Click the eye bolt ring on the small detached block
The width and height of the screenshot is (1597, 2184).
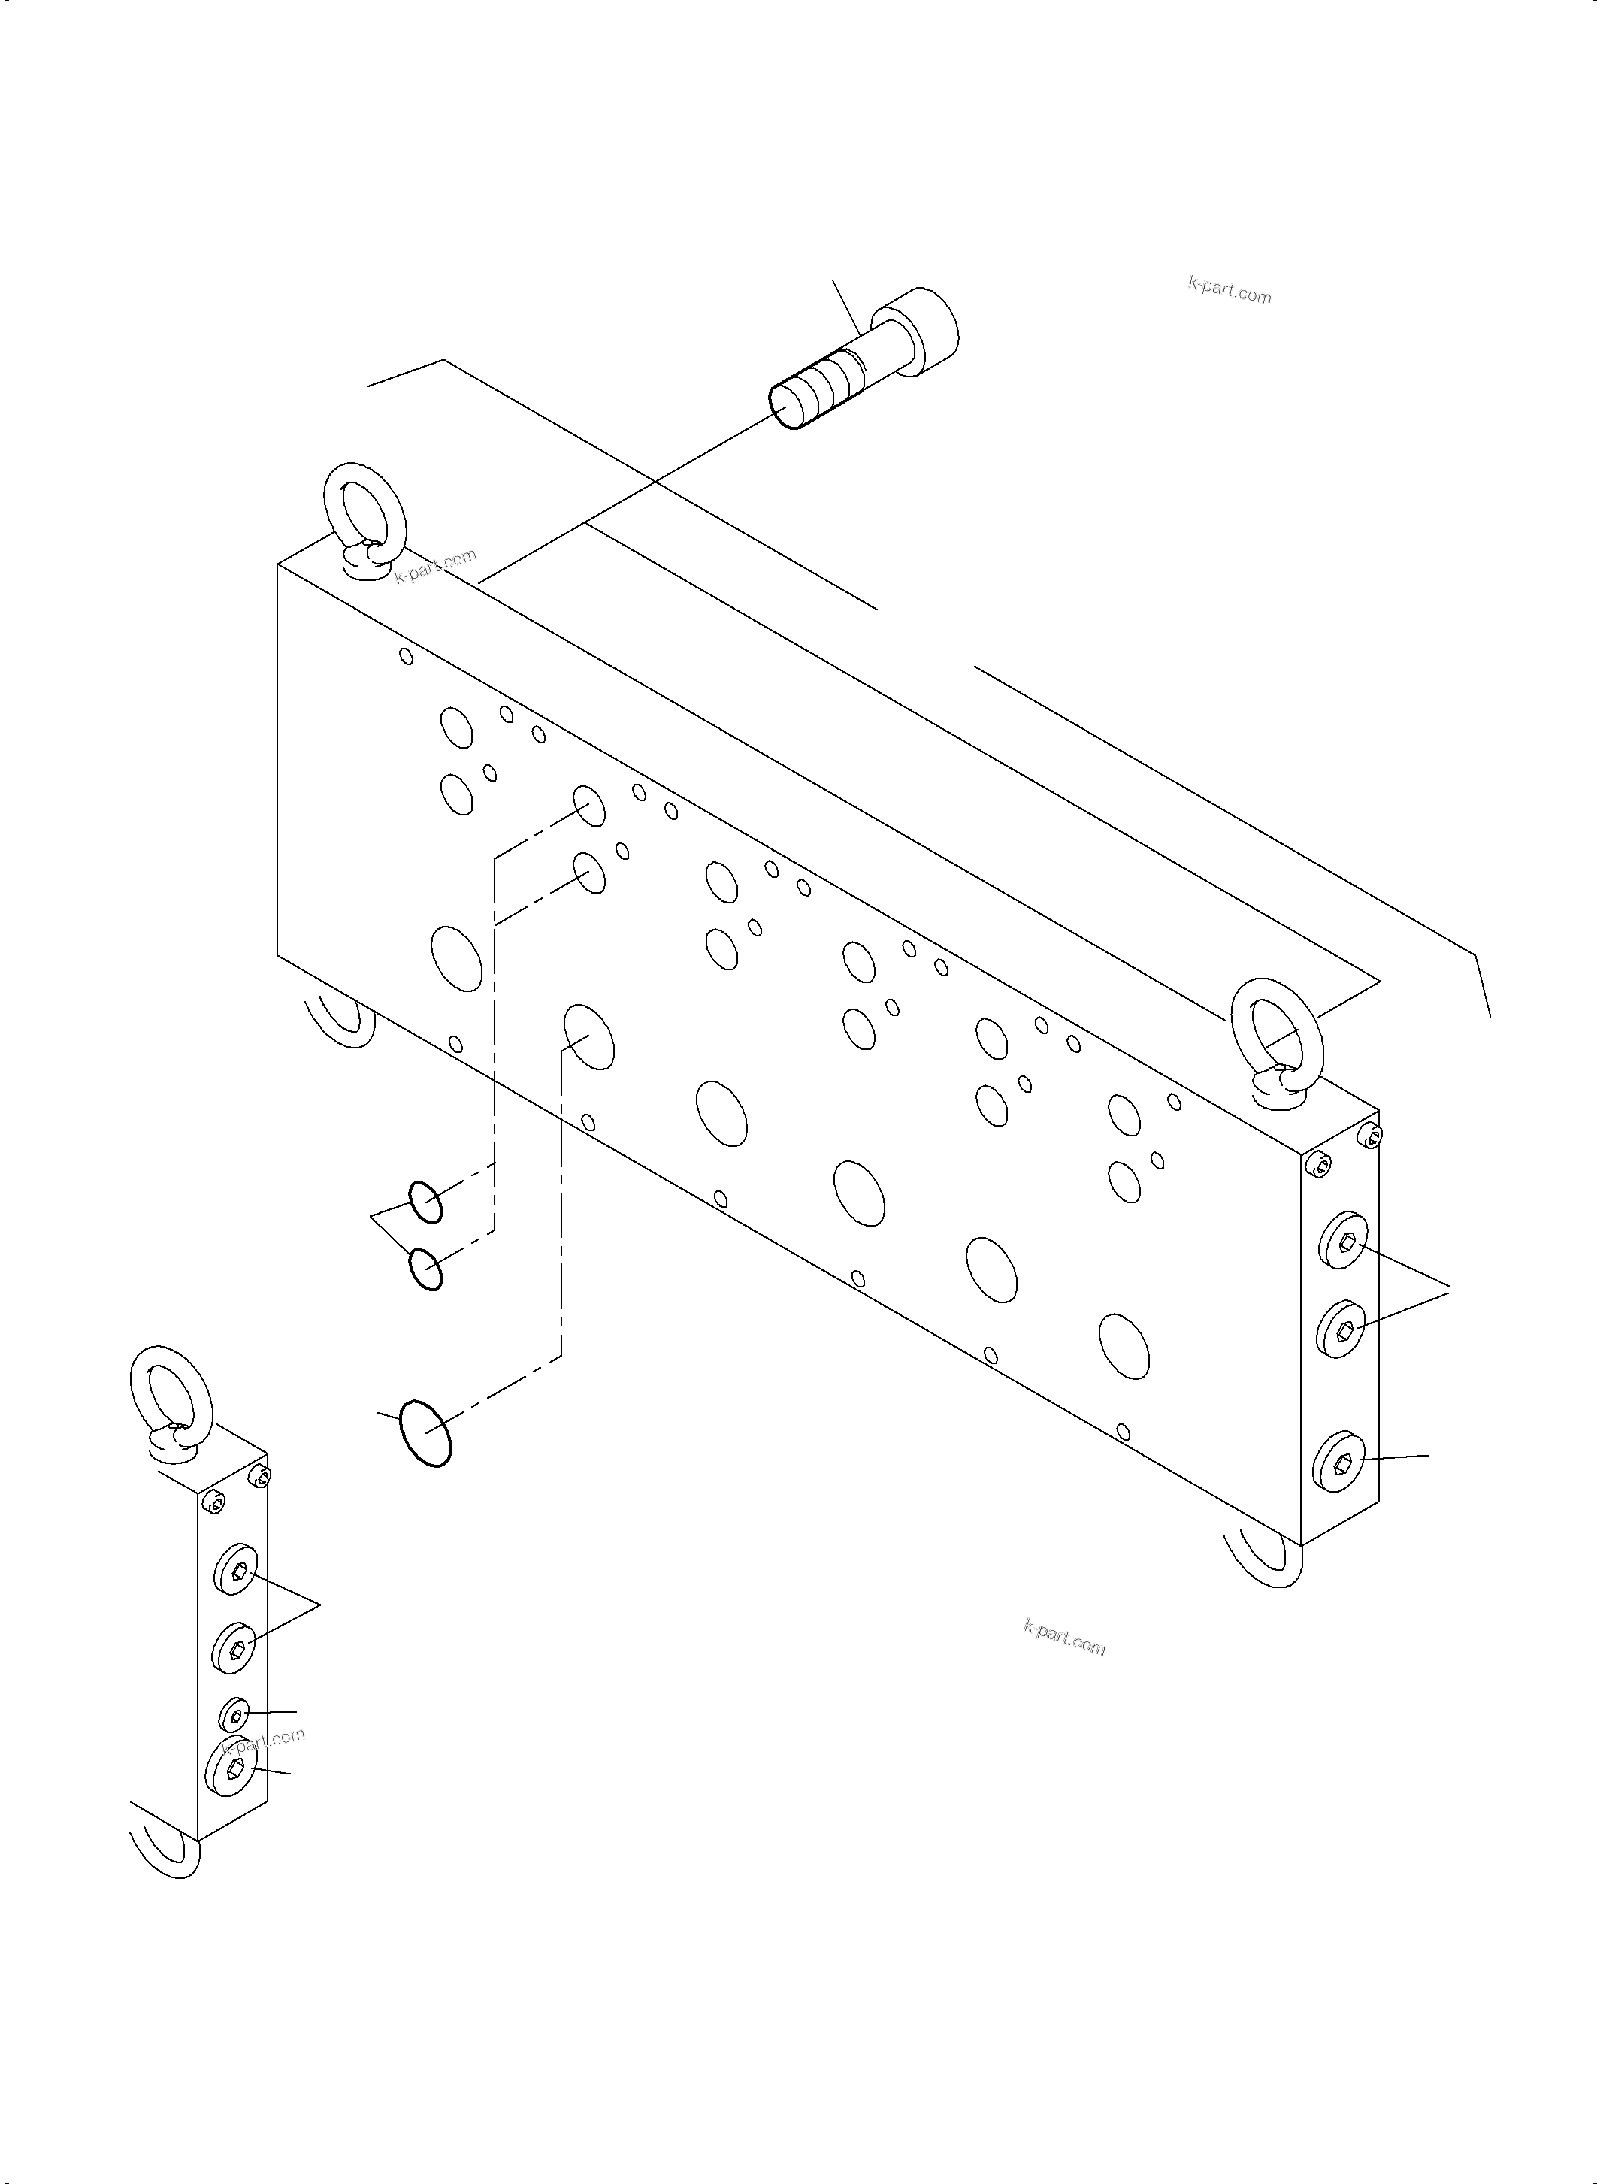click(x=165, y=1391)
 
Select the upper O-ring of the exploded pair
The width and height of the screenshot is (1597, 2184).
click(x=425, y=1202)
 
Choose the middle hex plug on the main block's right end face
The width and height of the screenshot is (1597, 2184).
click(x=1341, y=1329)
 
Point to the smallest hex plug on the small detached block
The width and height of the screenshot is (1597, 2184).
click(x=235, y=1714)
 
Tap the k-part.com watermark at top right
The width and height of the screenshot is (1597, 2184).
click(x=1229, y=289)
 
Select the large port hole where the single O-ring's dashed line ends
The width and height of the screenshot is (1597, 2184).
click(x=588, y=1036)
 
